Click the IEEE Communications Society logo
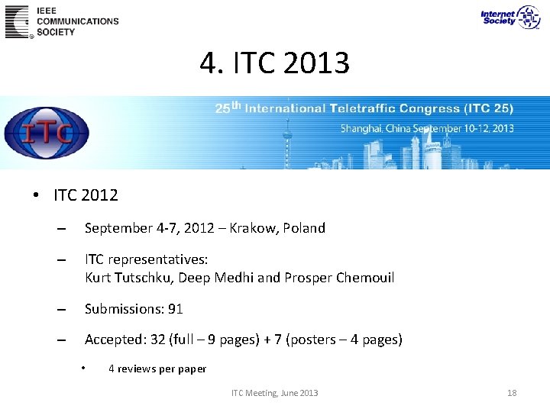[x=61, y=21]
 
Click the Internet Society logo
[x=510, y=17]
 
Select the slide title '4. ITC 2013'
[x=274, y=63]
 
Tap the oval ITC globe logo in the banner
[x=47, y=134]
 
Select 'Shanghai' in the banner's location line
[x=361, y=129]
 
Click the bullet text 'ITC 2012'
[x=86, y=195]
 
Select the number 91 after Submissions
[x=176, y=309]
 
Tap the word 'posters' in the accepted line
[x=312, y=340]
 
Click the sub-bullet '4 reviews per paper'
[x=157, y=369]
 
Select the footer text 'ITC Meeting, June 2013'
[x=274, y=393]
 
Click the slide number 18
[x=512, y=393]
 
